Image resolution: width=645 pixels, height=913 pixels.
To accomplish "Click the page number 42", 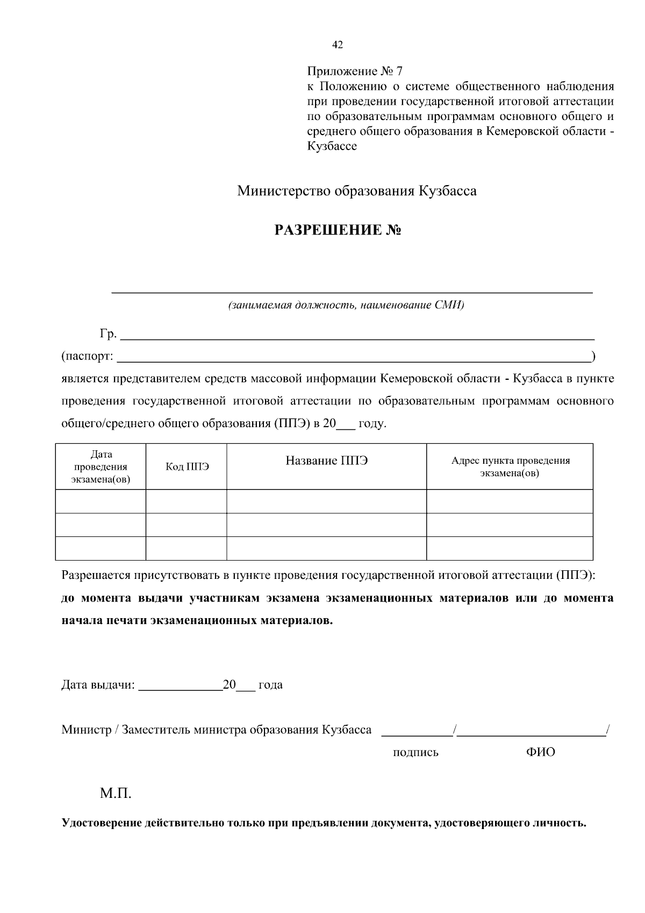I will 338,45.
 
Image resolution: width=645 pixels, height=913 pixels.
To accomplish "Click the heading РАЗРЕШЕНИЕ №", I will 338,231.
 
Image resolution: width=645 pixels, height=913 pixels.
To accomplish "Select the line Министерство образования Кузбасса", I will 357,191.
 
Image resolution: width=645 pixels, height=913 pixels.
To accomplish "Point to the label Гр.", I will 107,334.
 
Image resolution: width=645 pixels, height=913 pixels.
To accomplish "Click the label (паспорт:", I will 87,356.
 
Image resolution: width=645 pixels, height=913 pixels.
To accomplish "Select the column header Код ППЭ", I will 187,467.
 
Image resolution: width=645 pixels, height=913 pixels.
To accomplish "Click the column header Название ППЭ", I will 326,461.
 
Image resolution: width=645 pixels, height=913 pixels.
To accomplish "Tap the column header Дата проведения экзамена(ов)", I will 101,467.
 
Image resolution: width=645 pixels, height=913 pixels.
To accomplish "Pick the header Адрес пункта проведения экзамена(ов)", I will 510,467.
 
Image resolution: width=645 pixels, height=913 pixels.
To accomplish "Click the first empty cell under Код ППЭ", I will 187,501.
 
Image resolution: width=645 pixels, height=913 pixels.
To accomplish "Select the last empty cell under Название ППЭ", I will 326,548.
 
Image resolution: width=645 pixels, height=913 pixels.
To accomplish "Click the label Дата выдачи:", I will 98,685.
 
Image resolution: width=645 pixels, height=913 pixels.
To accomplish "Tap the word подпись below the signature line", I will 415,753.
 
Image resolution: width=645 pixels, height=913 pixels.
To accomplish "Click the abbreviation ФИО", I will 540,752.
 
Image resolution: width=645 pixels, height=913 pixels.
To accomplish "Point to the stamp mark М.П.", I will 115,794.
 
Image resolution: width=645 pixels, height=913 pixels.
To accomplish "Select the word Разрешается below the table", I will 96,575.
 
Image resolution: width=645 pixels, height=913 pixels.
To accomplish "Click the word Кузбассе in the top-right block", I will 332,146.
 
